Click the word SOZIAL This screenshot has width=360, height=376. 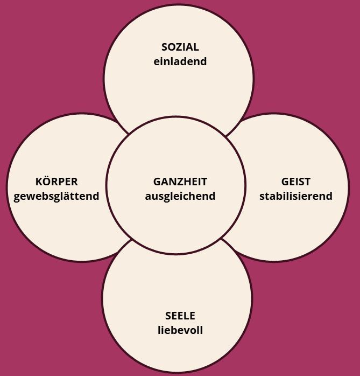pos(180,47)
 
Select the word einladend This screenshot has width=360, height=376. pos(180,61)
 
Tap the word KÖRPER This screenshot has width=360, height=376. pos(57,181)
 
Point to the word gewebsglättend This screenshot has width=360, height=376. pos(57,197)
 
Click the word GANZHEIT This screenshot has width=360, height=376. pos(180,182)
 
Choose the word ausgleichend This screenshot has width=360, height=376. pos(180,197)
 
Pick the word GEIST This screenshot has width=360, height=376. pos(296,182)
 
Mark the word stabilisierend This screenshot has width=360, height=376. pos(296,196)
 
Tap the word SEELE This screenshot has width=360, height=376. pos(180,316)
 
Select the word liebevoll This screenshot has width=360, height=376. pos(180,330)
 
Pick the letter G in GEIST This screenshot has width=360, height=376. pos(285,182)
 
